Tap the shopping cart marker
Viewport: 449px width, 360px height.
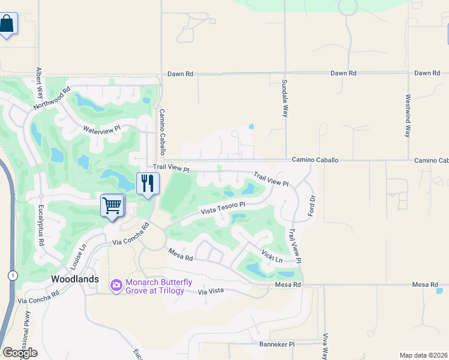112,206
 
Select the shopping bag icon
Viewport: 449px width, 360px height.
7,24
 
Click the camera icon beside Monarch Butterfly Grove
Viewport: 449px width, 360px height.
116,286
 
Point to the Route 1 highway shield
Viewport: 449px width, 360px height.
11,275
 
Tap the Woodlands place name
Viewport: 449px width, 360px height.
75,279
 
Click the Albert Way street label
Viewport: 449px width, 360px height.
40,83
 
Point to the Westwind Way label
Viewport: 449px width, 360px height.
408,116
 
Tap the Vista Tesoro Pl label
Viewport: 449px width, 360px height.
223,208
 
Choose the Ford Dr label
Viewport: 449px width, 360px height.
311,206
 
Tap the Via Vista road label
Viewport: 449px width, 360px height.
211,291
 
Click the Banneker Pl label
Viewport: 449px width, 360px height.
277,344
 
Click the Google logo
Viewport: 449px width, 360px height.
20,353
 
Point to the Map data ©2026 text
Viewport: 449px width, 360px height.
423,355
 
